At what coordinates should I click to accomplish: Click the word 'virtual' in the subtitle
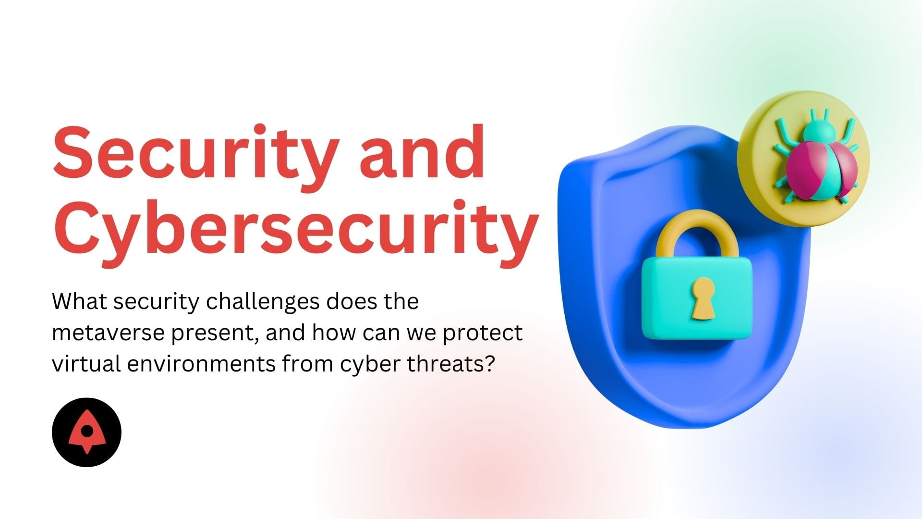pyautogui.click(x=86, y=364)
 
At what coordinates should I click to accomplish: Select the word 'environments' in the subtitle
pyautogui.click(x=202, y=364)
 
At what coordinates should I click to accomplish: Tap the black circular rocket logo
pyautogui.click(x=86, y=432)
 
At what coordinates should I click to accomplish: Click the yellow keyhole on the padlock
pyautogui.click(x=703, y=298)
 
